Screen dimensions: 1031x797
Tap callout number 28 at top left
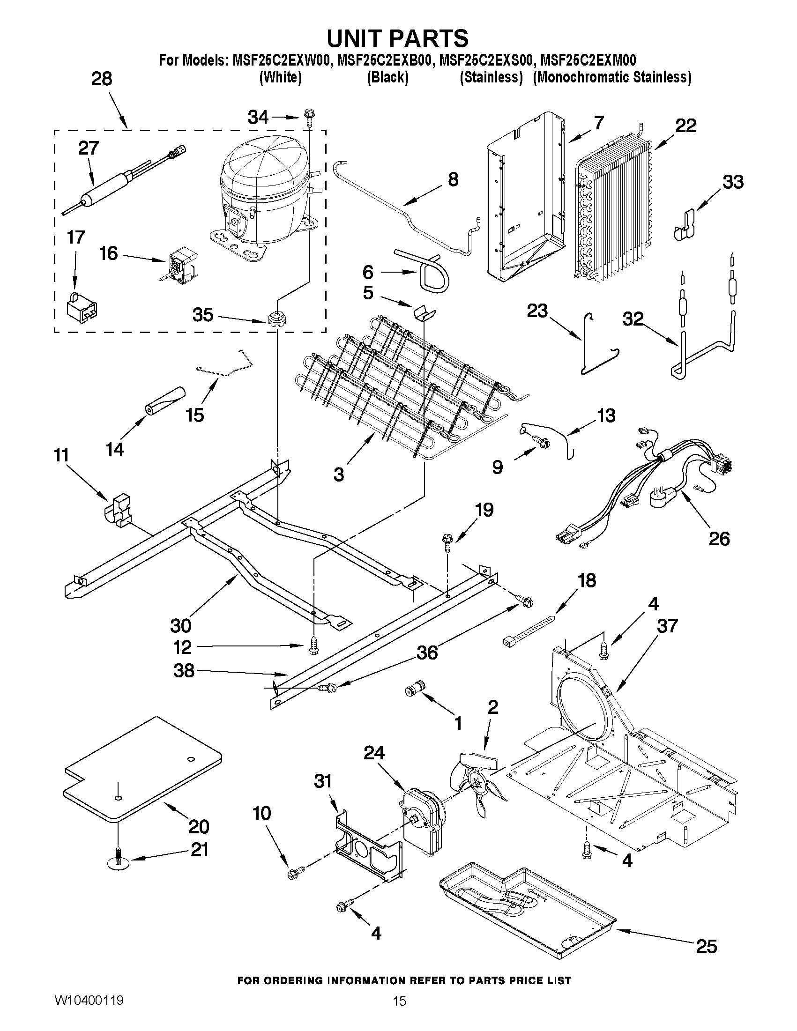[x=102, y=78]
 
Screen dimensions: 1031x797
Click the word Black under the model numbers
[x=387, y=77]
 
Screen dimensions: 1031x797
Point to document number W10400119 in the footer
[x=89, y=1000]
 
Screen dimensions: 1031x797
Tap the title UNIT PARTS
[x=397, y=38]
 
